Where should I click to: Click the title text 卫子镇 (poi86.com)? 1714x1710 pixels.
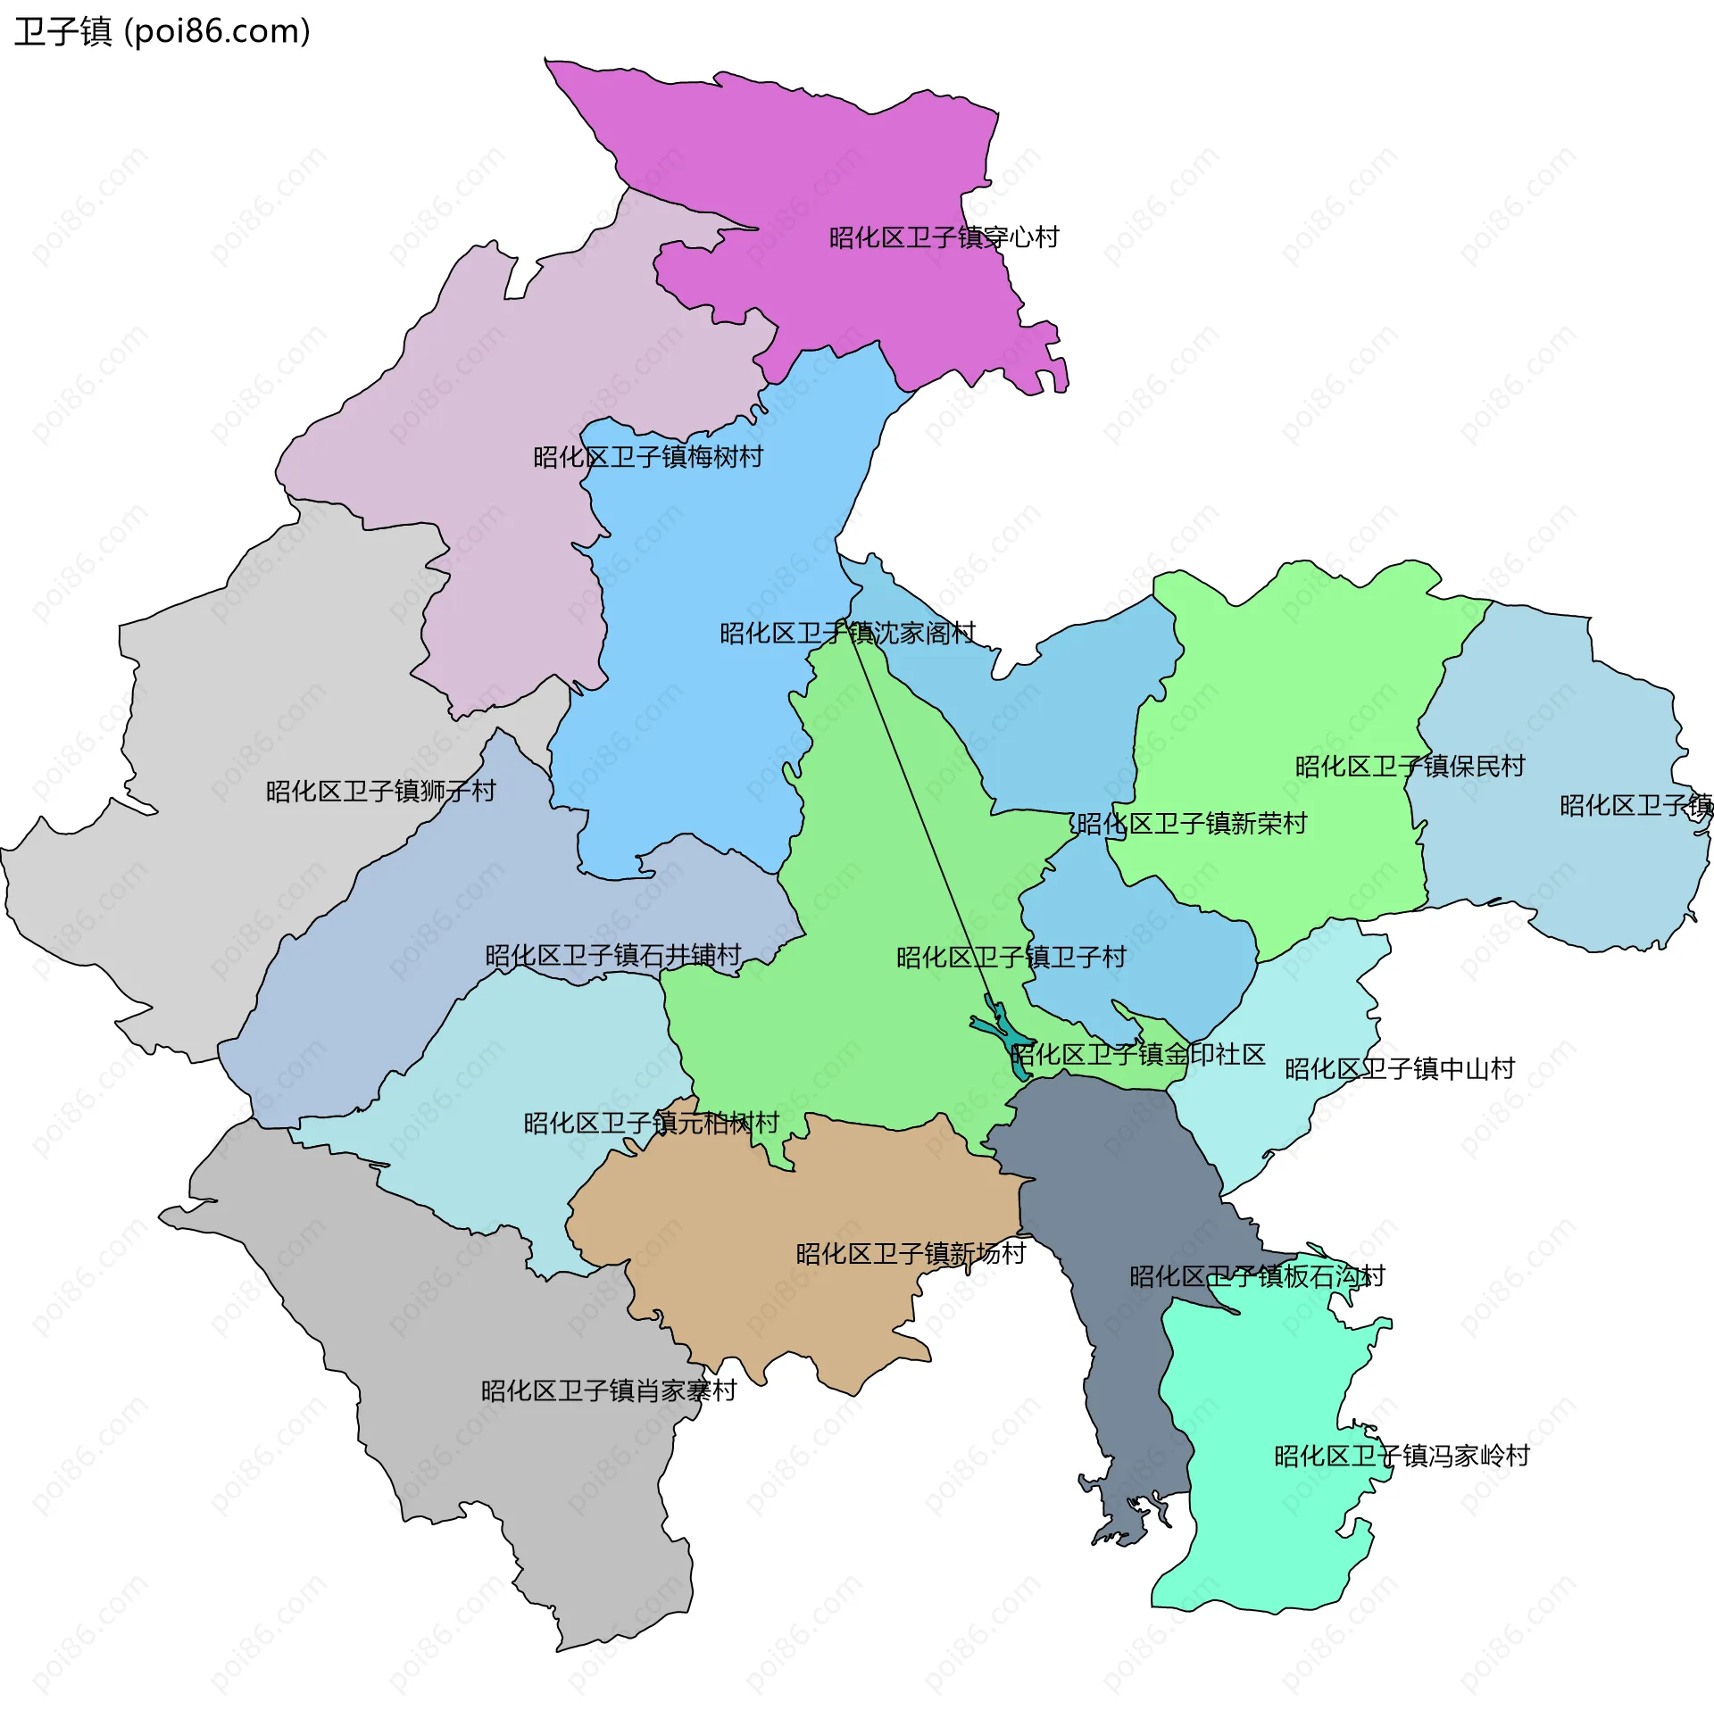point(162,32)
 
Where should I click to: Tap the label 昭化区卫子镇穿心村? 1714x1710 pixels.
point(944,237)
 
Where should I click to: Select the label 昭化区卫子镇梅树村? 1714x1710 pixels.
point(648,457)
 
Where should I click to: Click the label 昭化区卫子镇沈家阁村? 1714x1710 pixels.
point(847,633)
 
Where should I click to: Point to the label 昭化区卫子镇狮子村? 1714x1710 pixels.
point(380,791)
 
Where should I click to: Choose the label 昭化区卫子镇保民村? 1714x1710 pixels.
point(1410,766)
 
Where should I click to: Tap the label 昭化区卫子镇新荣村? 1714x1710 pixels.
point(1192,823)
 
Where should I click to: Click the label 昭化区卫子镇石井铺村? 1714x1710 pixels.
point(613,956)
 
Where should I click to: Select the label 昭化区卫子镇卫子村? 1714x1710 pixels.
point(1011,958)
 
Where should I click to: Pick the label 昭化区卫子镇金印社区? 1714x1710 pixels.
point(1137,1055)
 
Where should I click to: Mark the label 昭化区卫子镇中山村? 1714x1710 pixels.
point(1399,1068)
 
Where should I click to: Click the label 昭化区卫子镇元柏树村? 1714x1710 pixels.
point(651,1123)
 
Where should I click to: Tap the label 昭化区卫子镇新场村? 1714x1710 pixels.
point(911,1254)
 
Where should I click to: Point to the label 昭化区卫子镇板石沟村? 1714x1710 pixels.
point(1257,1276)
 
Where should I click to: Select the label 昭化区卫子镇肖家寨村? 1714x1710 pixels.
point(608,1390)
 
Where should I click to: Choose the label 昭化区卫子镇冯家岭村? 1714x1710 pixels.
point(1402,1456)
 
